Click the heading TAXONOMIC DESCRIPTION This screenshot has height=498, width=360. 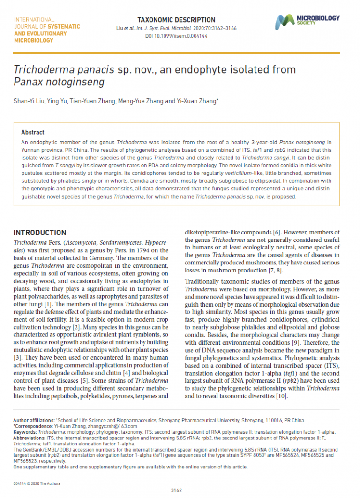[x=176, y=20]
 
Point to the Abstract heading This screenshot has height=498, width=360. [x=33, y=133]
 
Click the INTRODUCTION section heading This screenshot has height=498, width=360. [x=40, y=233]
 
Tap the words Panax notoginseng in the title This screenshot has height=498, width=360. [x=59, y=83]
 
